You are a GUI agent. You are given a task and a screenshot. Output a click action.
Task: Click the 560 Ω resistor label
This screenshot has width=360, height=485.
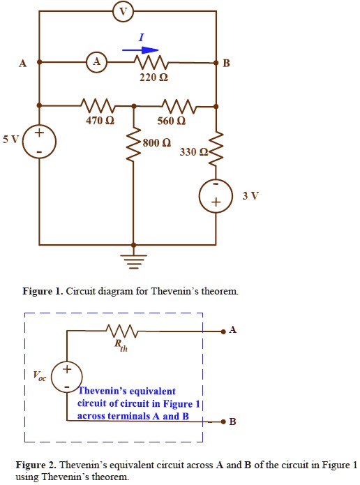click(172, 121)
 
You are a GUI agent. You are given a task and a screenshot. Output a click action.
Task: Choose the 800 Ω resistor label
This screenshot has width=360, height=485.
click(156, 143)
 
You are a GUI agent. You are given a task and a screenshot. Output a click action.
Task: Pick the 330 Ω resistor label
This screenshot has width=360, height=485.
click(193, 151)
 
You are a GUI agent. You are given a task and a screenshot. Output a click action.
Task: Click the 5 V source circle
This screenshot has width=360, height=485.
click(39, 142)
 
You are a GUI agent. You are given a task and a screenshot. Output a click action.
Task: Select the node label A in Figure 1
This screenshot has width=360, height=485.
click(22, 64)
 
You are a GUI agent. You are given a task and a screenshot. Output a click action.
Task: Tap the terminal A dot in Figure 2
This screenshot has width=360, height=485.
click(223, 331)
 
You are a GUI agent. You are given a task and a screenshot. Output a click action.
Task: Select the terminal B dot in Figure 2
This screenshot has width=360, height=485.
click(223, 422)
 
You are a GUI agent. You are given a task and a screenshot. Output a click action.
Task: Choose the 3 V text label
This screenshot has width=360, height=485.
click(250, 195)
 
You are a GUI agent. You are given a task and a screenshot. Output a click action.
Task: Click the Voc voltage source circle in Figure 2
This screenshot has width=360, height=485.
click(67, 377)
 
